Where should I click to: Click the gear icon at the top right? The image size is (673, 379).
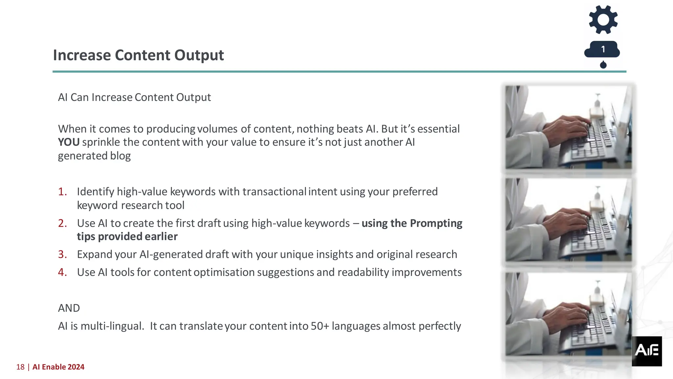[x=603, y=19]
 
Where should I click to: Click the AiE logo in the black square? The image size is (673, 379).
[x=646, y=351]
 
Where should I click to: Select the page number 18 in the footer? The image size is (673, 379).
[x=20, y=367]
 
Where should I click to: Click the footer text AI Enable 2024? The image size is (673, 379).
[x=58, y=367]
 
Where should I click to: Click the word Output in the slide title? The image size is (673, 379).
[x=199, y=55]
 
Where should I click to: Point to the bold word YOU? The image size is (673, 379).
[x=69, y=142]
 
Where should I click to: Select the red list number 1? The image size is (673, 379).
[x=62, y=191]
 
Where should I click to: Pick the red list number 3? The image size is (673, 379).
[x=62, y=254]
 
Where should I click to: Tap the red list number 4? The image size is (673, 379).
[x=62, y=272]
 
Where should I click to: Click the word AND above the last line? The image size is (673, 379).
[x=69, y=308]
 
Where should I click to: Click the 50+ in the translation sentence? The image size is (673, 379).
[x=320, y=326]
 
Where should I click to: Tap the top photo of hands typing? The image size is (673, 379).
[x=568, y=127]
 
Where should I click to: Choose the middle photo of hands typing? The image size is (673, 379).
[x=568, y=220]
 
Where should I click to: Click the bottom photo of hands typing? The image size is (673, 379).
[x=568, y=314]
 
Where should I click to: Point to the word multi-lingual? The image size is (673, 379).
[x=112, y=326]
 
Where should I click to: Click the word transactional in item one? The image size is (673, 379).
[x=274, y=191]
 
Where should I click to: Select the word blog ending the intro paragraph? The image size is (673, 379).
[x=120, y=156]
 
